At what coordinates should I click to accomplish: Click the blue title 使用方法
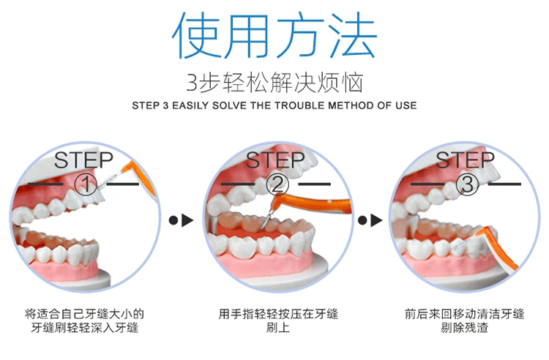pyautogui.click(x=274, y=35)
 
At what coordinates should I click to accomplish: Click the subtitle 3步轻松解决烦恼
pyautogui.click(x=274, y=83)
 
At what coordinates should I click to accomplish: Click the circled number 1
pyautogui.click(x=86, y=184)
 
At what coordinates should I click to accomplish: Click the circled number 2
pyautogui.click(x=277, y=184)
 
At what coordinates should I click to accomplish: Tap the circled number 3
pyautogui.click(x=467, y=184)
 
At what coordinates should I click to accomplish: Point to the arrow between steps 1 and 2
pyautogui.click(x=181, y=220)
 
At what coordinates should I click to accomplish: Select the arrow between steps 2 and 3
pyautogui.click(x=370, y=220)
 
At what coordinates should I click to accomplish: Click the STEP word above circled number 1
pyautogui.click(x=83, y=160)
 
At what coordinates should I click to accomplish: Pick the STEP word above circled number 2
pyautogui.click(x=275, y=160)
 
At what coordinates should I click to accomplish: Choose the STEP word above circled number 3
pyautogui.click(x=465, y=160)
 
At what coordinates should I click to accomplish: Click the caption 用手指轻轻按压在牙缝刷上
pyautogui.click(x=278, y=320)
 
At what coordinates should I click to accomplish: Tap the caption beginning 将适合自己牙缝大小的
pyautogui.click(x=84, y=320)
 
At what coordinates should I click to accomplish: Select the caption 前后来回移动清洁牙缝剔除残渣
pyautogui.click(x=464, y=320)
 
